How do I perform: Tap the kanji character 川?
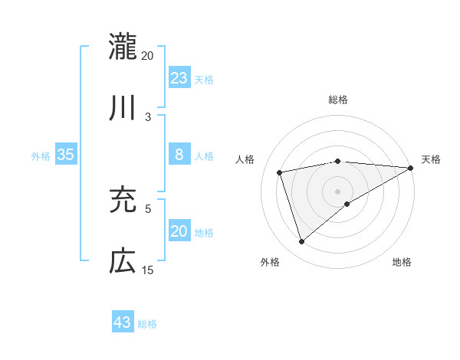click(x=123, y=108)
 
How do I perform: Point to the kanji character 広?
click(x=123, y=261)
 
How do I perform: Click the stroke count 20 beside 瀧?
click(x=147, y=55)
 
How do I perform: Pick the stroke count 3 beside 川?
click(x=148, y=117)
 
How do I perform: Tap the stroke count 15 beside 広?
click(x=147, y=270)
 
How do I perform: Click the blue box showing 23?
click(x=179, y=77)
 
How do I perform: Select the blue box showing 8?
click(x=179, y=155)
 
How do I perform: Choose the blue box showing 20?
click(x=179, y=231)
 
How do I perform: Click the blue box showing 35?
click(x=66, y=155)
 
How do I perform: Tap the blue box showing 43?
click(x=123, y=322)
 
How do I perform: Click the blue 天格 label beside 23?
click(x=204, y=79)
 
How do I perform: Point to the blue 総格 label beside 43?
click(x=147, y=323)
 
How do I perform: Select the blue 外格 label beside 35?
click(x=41, y=156)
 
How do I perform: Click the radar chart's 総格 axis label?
click(x=338, y=100)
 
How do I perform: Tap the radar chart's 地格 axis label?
click(x=402, y=262)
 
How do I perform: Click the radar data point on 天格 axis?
click(x=410, y=168)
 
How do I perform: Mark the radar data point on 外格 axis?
click(x=301, y=242)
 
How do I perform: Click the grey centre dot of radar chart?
click(x=338, y=191)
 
